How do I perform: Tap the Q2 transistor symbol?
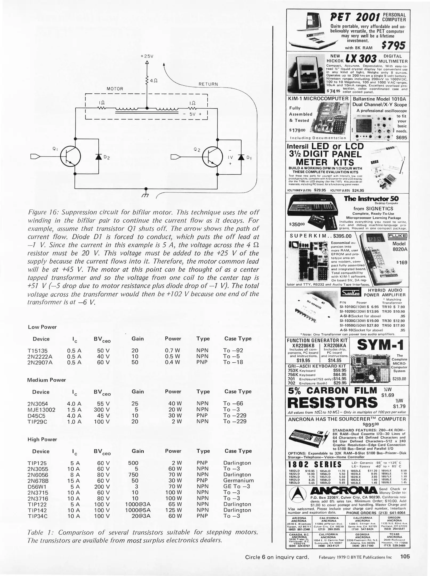click(212, 157)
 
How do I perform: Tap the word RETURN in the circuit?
click(208, 84)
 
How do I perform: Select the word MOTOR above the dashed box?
click(115, 89)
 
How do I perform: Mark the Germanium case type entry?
click(238, 481)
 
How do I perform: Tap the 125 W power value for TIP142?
click(173, 510)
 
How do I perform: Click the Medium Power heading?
click(47, 380)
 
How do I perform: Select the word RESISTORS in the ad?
click(333, 402)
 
